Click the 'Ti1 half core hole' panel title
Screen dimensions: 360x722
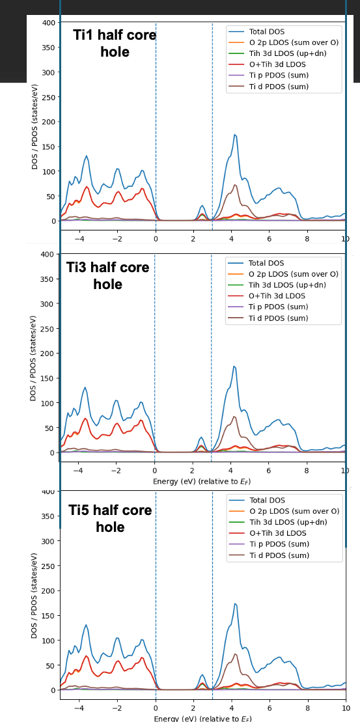(x=115, y=43)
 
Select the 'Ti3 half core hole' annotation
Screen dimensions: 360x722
(x=107, y=275)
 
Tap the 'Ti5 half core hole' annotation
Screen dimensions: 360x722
(x=110, y=518)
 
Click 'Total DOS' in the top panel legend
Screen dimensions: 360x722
(x=267, y=32)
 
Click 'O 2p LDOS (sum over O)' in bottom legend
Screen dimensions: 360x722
(x=294, y=511)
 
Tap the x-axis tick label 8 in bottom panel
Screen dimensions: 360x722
(x=307, y=708)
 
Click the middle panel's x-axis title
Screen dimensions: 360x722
(x=202, y=482)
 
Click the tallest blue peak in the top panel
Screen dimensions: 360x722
(x=235, y=135)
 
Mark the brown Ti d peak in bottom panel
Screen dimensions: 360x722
(x=235, y=654)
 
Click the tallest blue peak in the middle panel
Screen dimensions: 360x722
(x=234, y=367)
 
